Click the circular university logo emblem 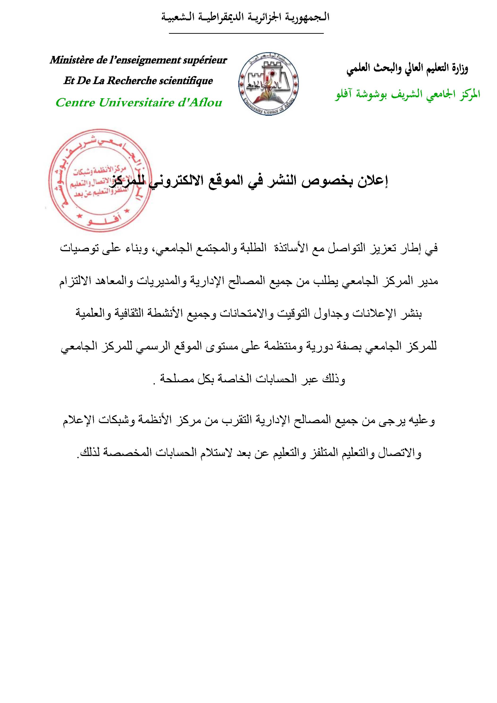pos(268,84)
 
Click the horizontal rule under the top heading pos(246,33)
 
